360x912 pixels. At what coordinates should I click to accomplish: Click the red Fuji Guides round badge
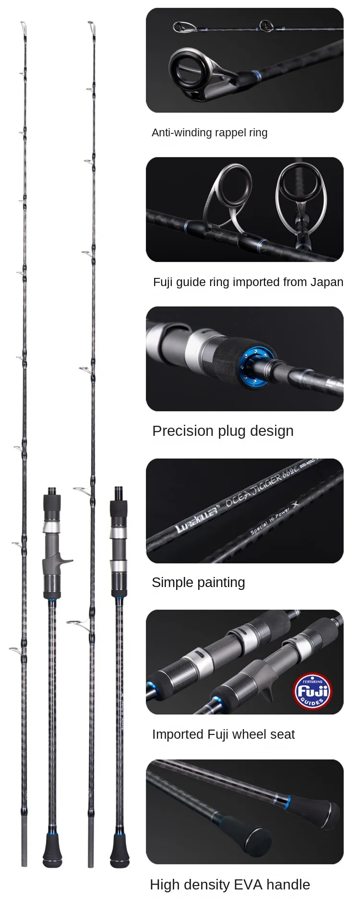(x=312, y=692)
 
